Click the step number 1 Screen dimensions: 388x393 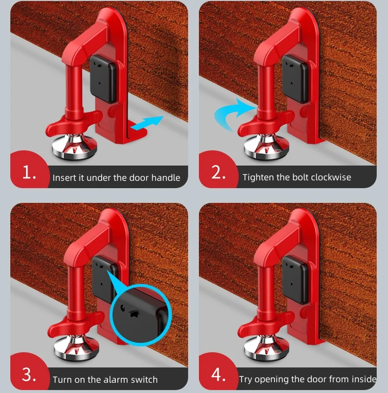[x=29, y=173]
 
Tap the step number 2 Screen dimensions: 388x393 [x=218, y=172]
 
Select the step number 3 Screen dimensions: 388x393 [x=29, y=375]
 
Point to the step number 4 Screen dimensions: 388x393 [x=219, y=374]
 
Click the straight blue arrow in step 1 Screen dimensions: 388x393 [x=147, y=123]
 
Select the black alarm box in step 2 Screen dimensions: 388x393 [x=295, y=79]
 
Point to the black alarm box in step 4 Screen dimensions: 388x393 [x=295, y=280]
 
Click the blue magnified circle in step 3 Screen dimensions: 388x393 [x=141, y=315]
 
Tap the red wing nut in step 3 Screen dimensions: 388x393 [x=75, y=323]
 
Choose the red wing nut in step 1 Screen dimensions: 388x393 [x=73, y=123]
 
